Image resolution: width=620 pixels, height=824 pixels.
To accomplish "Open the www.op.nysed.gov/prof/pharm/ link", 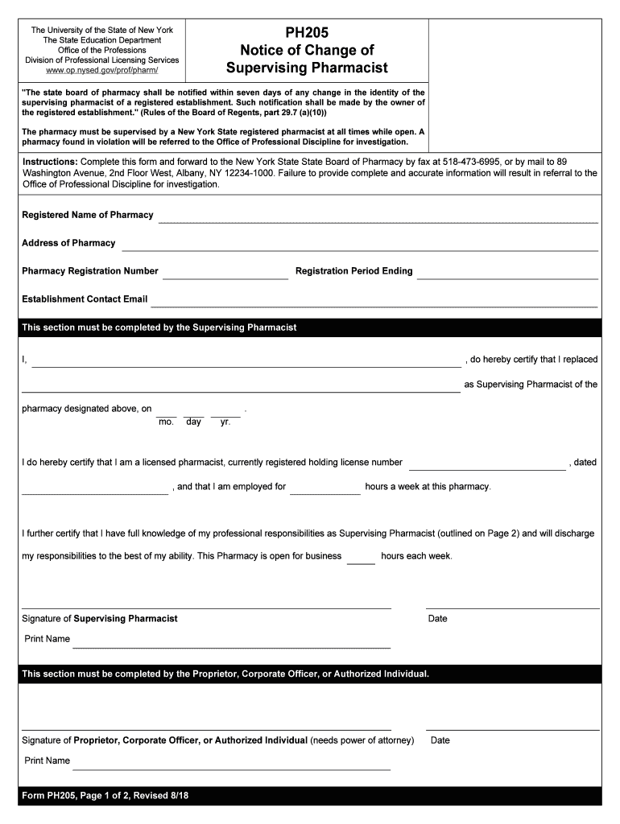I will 102,70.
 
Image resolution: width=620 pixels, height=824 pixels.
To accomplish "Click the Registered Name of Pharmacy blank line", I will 378,220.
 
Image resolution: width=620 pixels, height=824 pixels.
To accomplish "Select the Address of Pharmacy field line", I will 359,249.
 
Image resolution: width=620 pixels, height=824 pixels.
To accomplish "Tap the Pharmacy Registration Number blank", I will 225,277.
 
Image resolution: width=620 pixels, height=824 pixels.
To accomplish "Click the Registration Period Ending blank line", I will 507,277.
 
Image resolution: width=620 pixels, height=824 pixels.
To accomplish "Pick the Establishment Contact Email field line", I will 374,305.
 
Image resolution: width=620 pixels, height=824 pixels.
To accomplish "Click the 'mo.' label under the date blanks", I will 167,422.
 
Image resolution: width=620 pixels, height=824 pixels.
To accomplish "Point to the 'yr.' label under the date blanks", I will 225,422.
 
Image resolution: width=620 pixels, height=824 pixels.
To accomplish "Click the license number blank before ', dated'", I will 487,468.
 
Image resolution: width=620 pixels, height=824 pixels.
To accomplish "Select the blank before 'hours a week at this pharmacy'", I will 324,492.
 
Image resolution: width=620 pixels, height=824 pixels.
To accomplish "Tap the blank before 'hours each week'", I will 361,562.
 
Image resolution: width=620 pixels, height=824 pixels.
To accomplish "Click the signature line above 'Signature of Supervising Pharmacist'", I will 206,608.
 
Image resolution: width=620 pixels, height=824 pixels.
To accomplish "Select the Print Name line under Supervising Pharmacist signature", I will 231,645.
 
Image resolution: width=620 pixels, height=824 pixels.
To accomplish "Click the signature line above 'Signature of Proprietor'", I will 206,729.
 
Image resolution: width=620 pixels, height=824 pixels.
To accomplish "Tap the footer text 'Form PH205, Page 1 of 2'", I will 105,796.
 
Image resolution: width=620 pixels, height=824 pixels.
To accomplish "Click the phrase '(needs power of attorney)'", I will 362,740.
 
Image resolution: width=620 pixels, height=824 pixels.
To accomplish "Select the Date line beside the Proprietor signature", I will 512,729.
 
